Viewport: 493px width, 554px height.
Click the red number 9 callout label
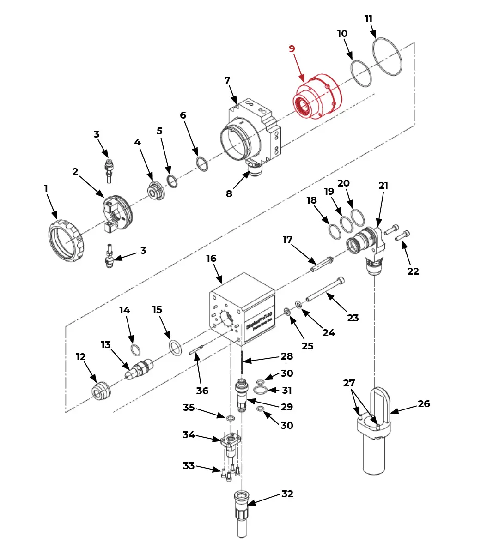pos(292,49)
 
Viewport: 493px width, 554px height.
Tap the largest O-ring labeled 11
pos(387,57)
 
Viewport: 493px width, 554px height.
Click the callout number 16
pos(211,259)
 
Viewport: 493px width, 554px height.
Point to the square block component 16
pos(242,310)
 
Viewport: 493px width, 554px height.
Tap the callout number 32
pos(287,494)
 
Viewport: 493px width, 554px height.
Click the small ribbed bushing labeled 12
pos(101,391)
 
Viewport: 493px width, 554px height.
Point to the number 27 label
pos(349,383)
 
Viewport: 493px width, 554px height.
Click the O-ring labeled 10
pos(361,73)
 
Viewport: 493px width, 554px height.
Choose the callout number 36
pos(202,391)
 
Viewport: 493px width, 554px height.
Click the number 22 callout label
pos(413,271)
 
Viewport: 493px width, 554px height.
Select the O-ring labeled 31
pos(261,391)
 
